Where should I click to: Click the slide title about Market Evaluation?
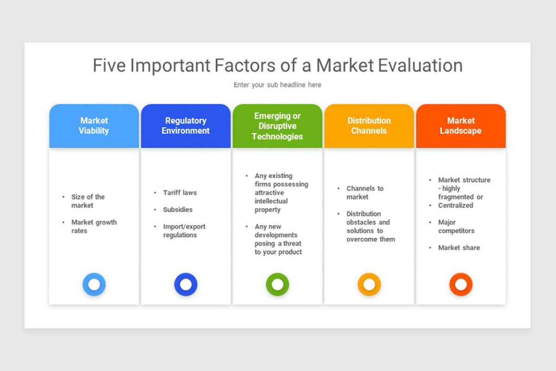click(x=278, y=65)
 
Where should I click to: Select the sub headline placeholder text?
click(x=277, y=85)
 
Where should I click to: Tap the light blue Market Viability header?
click(x=94, y=126)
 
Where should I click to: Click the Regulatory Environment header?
click(x=185, y=126)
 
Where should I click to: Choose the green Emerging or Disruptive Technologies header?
click(x=277, y=126)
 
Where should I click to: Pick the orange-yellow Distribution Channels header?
click(x=369, y=126)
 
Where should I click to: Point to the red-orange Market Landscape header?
click(x=461, y=126)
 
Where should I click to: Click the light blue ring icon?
click(x=94, y=284)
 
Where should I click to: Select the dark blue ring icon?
click(x=186, y=284)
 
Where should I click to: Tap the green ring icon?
click(x=278, y=284)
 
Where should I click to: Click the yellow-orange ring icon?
click(x=369, y=284)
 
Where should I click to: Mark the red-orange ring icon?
click(x=461, y=284)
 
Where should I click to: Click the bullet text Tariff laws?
click(x=180, y=192)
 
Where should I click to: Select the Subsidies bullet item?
click(x=177, y=210)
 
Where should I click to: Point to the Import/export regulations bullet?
click(x=184, y=230)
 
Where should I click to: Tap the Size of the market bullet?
click(x=88, y=201)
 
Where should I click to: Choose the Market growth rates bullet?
click(x=94, y=226)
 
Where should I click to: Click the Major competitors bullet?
click(x=456, y=226)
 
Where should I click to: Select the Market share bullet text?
click(x=459, y=248)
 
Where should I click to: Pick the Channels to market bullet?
click(x=365, y=192)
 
